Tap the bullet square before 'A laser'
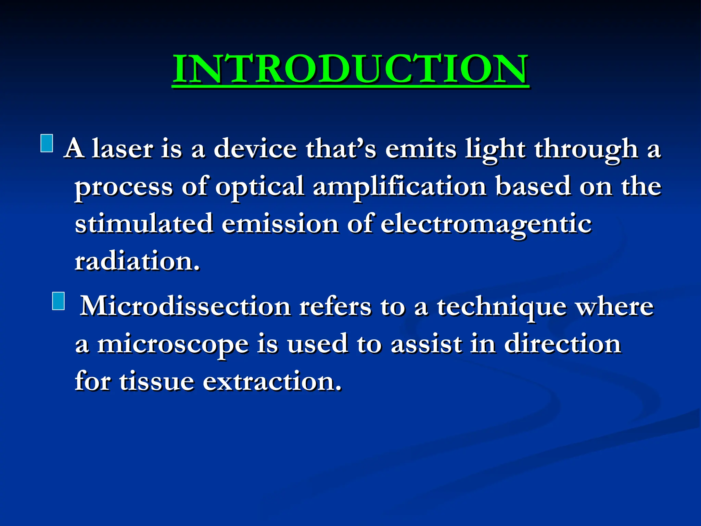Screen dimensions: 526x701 [47, 143]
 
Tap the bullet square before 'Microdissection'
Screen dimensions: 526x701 [59, 301]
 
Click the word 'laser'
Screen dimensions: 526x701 [123, 149]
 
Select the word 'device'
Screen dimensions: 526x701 [255, 149]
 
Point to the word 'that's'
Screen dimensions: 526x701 [341, 149]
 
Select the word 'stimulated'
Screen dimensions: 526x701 [144, 224]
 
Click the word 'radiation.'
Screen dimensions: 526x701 [137, 261]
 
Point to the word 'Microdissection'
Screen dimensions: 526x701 [185, 306]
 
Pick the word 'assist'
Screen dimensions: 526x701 [426, 344]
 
